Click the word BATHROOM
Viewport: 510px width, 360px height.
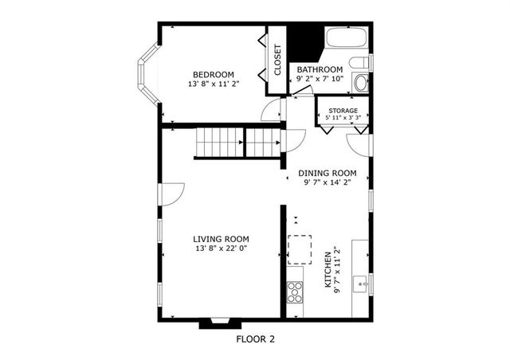[320, 69]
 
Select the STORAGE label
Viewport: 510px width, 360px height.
[343, 111]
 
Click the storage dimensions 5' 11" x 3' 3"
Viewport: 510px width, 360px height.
[343, 118]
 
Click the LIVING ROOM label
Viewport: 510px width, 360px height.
[221, 238]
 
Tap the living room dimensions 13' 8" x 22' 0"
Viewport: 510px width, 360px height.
[221, 248]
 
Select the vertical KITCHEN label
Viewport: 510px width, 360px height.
[327, 271]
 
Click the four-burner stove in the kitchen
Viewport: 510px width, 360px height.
[295, 292]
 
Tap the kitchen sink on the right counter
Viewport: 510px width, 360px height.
[361, 282]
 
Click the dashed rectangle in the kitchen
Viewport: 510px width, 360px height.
[300, 248]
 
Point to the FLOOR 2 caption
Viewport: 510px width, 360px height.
[255, 338]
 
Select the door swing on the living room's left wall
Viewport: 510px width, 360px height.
[172, 193]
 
